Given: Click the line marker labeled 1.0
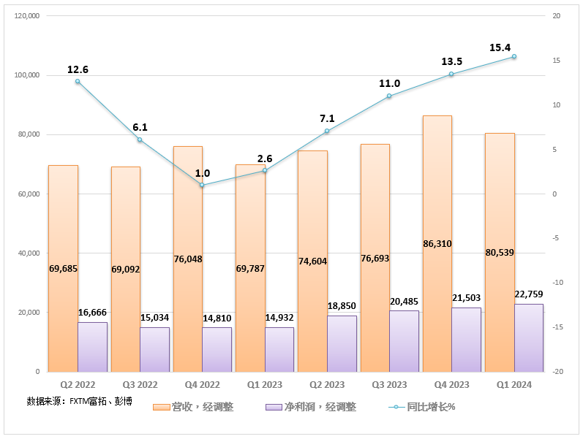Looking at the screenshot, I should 203,185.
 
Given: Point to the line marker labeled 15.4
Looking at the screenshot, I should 514,56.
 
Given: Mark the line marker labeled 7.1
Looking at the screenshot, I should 327,131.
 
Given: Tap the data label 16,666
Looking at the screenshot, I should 92,313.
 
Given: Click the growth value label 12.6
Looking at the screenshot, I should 78,69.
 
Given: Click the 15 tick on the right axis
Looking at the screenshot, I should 554,61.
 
